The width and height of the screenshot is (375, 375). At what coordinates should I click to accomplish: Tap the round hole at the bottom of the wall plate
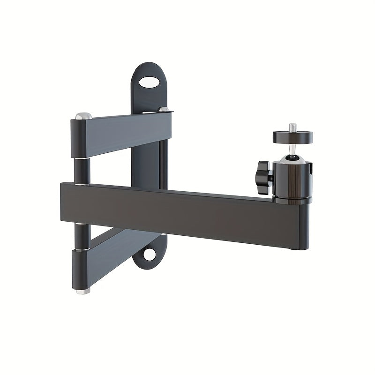(150, 254)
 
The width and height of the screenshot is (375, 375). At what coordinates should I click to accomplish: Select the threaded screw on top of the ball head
(293, 127)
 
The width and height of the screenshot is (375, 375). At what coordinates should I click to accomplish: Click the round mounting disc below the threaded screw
(293, 137)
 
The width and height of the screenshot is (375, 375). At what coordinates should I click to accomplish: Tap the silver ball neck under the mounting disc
(292, 150)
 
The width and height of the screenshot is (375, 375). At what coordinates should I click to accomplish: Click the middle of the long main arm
(183, 209)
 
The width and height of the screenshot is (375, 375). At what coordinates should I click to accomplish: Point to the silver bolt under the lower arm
(83, 291)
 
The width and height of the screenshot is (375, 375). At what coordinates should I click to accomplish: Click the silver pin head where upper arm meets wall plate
(164, 109)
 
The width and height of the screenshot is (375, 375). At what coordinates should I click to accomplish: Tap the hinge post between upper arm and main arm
(82, 171)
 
